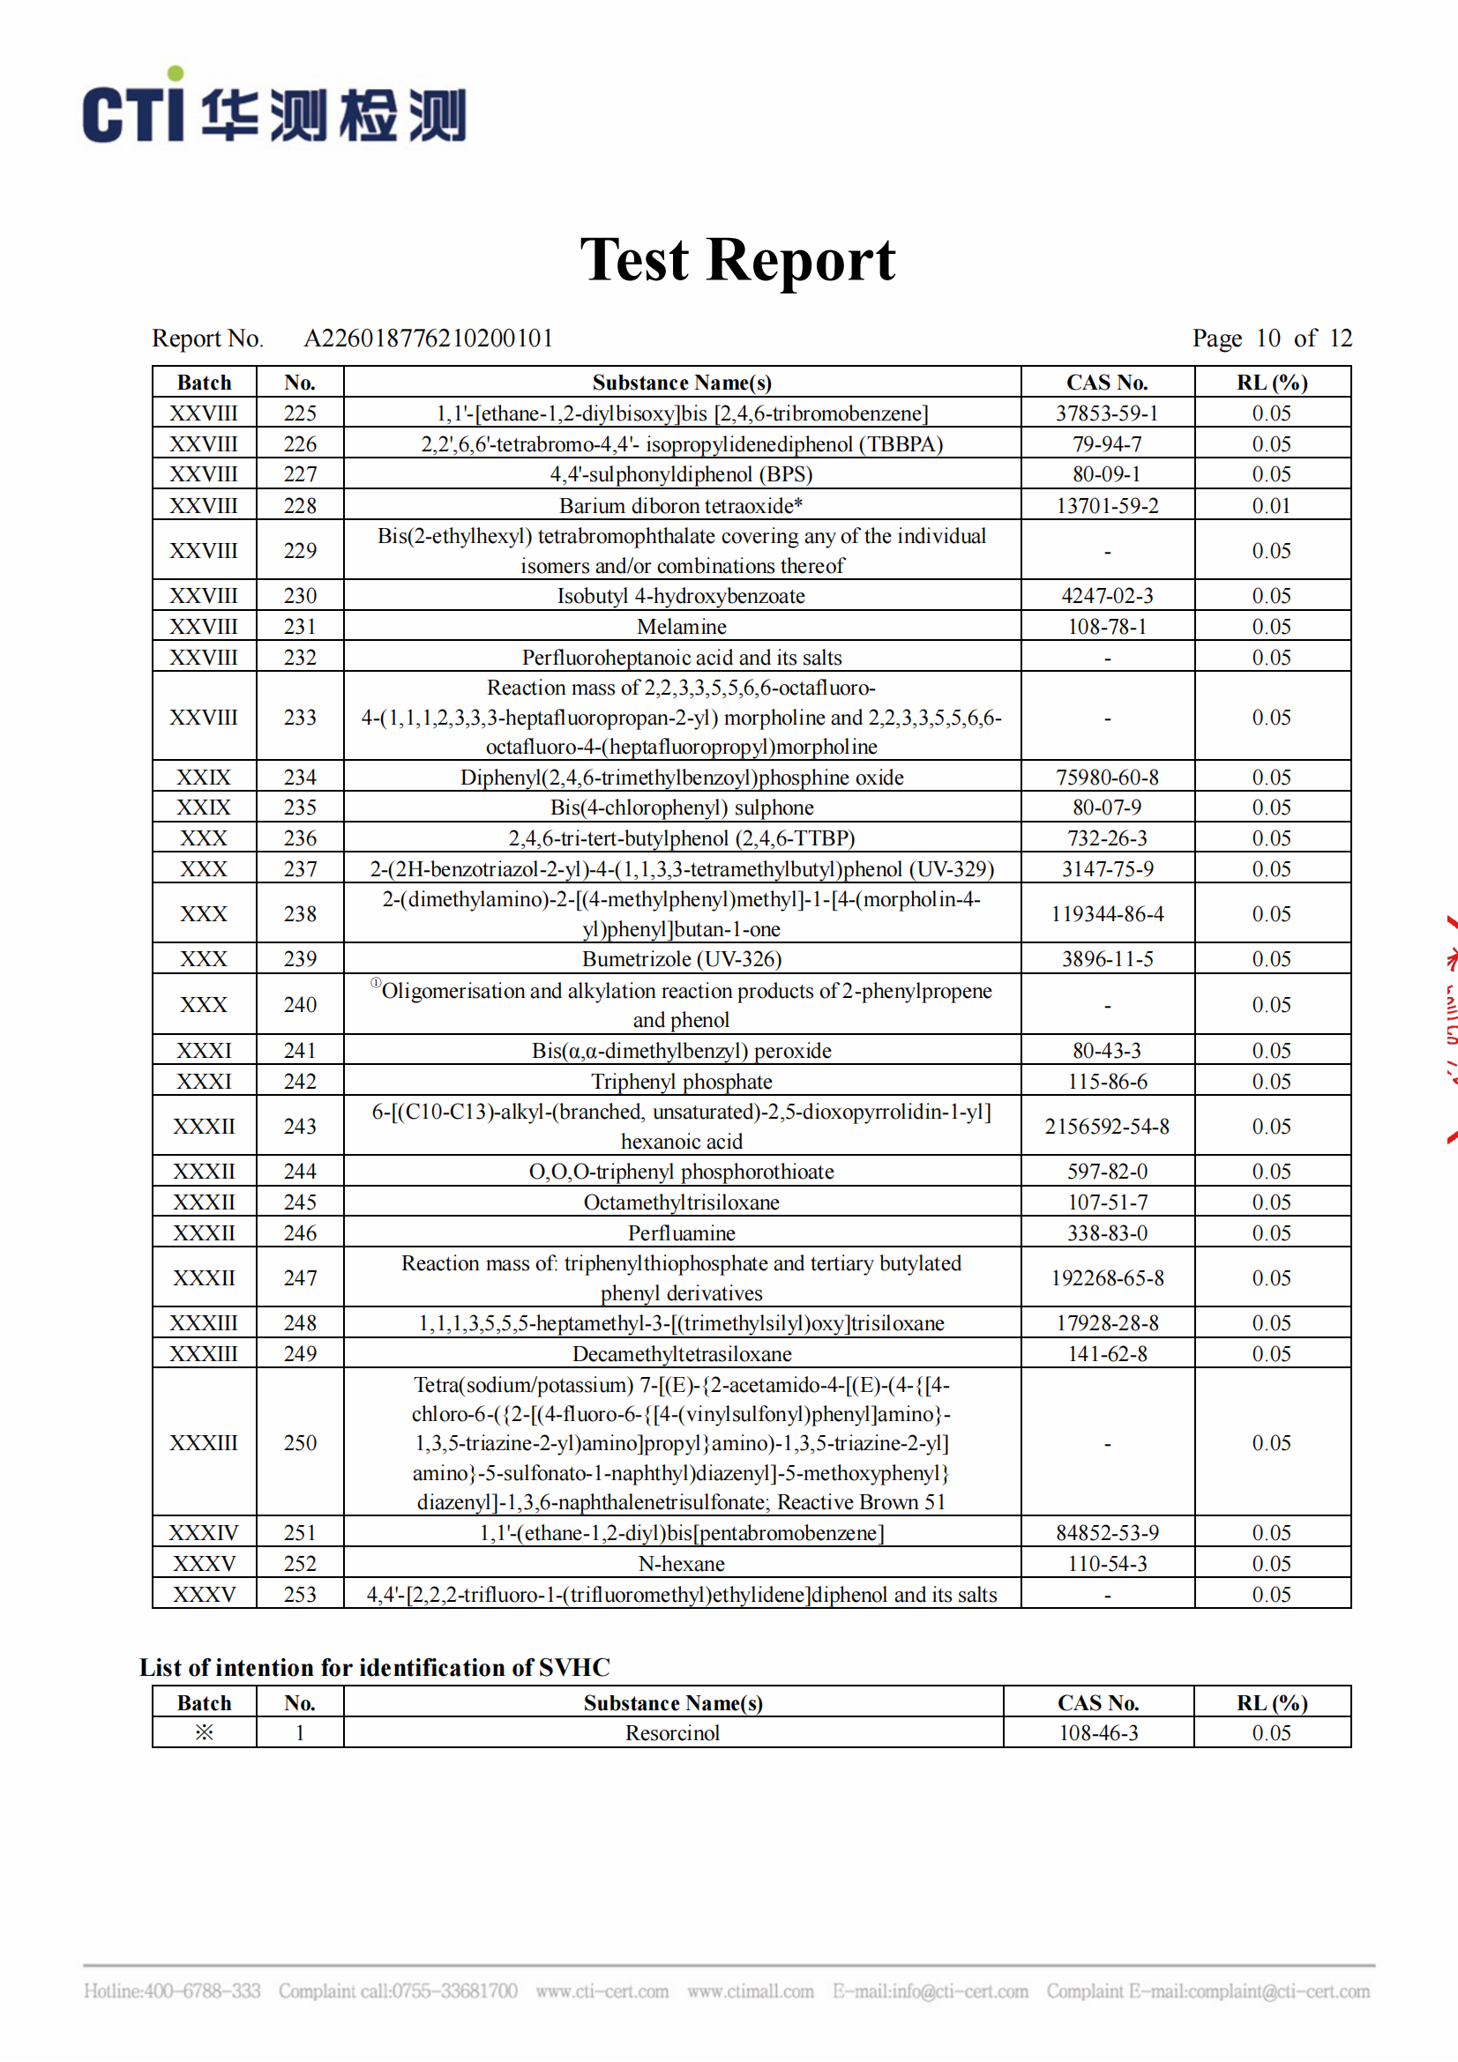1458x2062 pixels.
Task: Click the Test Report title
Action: (736, 260)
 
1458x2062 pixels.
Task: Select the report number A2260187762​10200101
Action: (429, 339)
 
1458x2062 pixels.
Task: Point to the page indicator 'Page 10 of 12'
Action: (1271, 339)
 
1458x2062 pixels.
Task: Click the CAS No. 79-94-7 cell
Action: (1107, 443)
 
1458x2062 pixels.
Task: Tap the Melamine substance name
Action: (681, 627)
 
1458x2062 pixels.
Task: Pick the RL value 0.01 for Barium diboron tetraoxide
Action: (1271, 506)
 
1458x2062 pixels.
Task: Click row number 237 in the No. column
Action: (300, 869)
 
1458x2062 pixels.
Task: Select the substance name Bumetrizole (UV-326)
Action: (681, 959)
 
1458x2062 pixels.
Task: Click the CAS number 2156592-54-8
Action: (1107, 1126)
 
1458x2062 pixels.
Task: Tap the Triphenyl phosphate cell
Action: (681, 1082)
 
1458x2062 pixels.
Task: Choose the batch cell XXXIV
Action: (204, 1533)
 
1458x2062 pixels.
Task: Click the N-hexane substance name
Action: (681, 1564)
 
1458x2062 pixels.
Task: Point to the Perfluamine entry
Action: (681, 1233)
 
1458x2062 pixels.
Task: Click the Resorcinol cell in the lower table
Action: (672, 1733)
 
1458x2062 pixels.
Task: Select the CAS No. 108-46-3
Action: (1098, 1733)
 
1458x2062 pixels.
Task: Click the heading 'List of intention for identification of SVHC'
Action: (375, 1668)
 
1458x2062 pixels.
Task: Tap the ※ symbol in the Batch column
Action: (204, 1732)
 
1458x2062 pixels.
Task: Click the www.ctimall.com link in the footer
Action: (750, 1991)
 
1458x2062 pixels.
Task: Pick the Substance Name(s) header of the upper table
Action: (681, 383)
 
